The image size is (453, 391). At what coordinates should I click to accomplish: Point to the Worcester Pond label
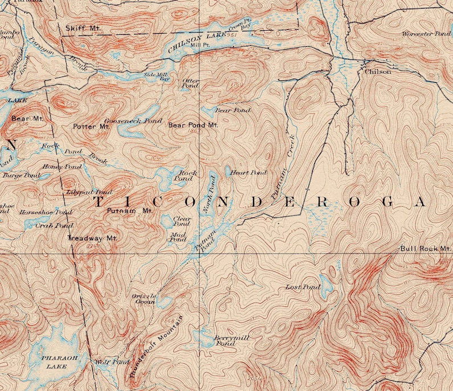(426, 34)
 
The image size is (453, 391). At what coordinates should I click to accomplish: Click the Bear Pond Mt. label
(193, 125)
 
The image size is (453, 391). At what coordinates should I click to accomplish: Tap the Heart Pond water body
(228, 171)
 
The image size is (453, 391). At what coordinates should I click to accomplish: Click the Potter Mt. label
(91, 126)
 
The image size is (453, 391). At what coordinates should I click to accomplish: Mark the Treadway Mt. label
(92, 238)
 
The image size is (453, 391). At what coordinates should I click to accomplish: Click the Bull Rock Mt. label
(425, 248)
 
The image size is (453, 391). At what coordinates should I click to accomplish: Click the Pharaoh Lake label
(56, 361)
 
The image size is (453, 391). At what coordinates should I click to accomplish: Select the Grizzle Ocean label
(144, 299)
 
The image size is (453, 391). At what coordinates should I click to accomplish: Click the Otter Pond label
(190, 83)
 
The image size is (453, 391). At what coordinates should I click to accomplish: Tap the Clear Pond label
(181, 221)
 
